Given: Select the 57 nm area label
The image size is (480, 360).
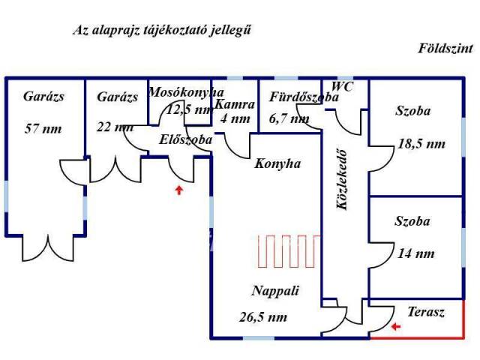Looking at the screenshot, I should [43, 128].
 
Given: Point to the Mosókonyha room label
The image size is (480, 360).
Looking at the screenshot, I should [179, 93].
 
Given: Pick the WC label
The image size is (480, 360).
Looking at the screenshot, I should [342, 86].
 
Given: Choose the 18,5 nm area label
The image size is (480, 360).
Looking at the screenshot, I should [420, 142].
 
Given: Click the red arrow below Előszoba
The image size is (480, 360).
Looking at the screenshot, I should [178, 190].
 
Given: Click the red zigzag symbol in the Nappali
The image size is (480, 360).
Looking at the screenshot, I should [289, 251].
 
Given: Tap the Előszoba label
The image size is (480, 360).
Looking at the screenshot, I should [186, 139].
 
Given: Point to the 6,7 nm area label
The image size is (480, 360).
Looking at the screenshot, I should [289, 118].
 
